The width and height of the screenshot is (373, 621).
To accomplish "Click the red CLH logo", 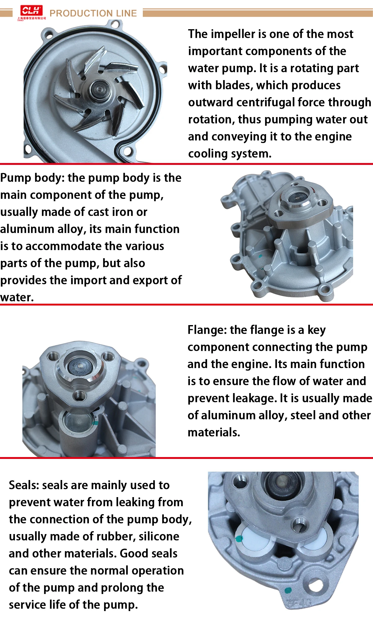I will tap(31, 11).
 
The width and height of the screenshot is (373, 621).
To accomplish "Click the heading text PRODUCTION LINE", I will tap(93, 13).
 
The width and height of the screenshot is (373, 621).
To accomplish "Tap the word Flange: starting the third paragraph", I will tap(207, 330).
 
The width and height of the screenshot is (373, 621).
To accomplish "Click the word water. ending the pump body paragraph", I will tap(17, 297).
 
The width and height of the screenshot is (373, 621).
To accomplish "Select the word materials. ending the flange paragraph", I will tap(214, 433).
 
